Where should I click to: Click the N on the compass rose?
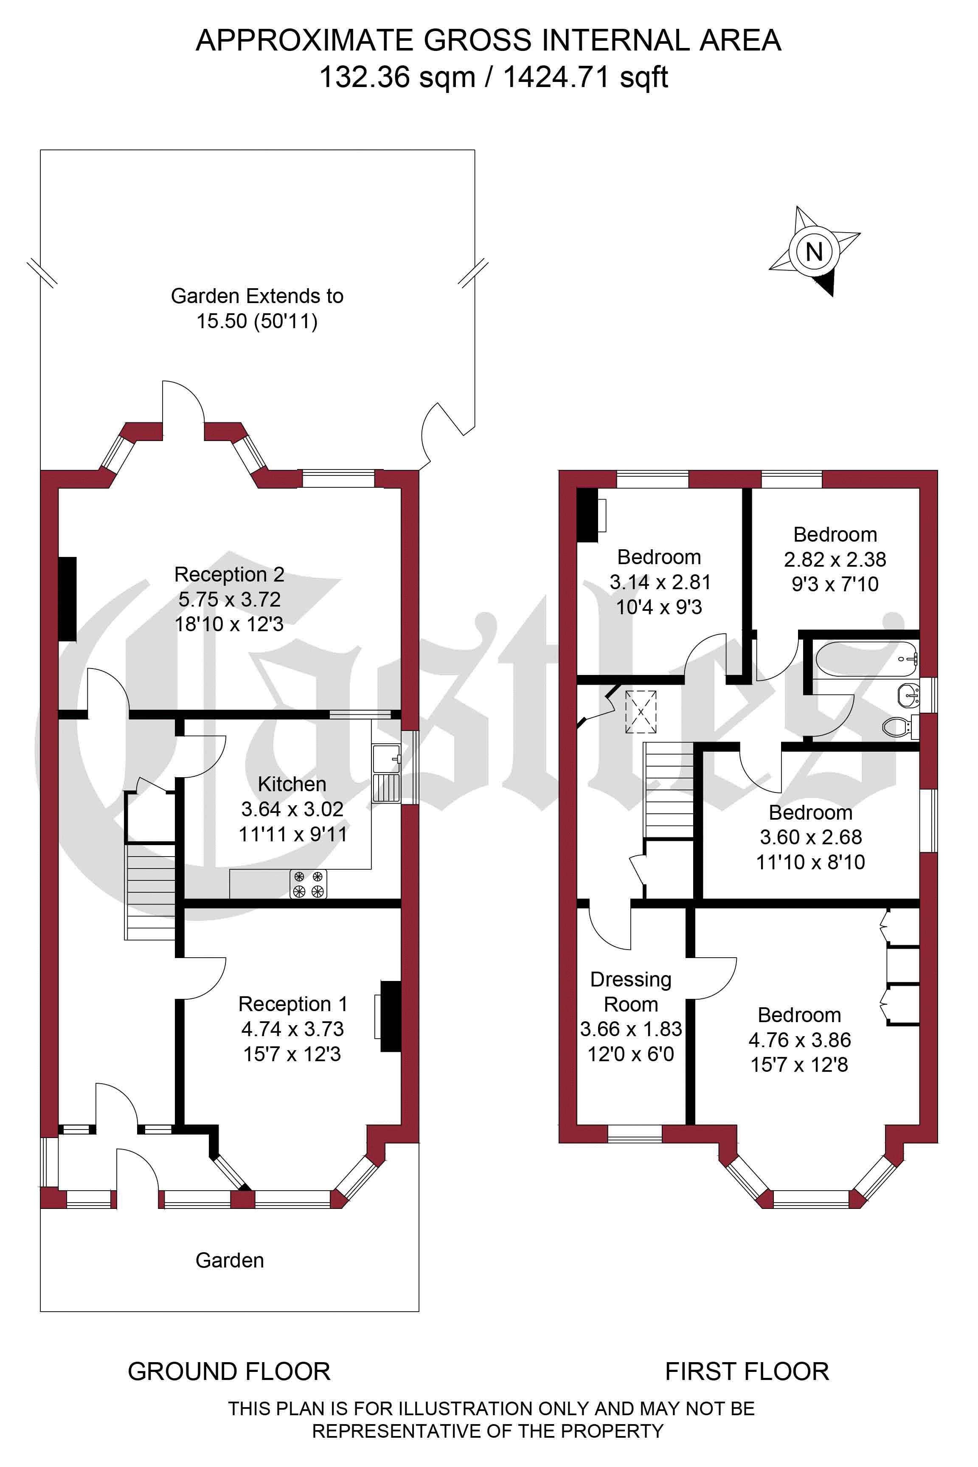(814, 252)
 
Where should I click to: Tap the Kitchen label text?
(292, 784)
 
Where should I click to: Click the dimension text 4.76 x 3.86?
(800, 1040)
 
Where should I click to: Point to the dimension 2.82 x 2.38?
(835, 559)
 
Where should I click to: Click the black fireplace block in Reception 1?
(391, 1017)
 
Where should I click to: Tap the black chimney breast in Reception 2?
(67, 599)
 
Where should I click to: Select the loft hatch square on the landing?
(641, 712)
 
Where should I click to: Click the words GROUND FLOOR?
(229, 1371)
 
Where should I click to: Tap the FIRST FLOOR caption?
(747, 1371)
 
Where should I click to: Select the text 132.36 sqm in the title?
(397, 77)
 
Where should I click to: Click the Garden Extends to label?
(257, 295)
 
